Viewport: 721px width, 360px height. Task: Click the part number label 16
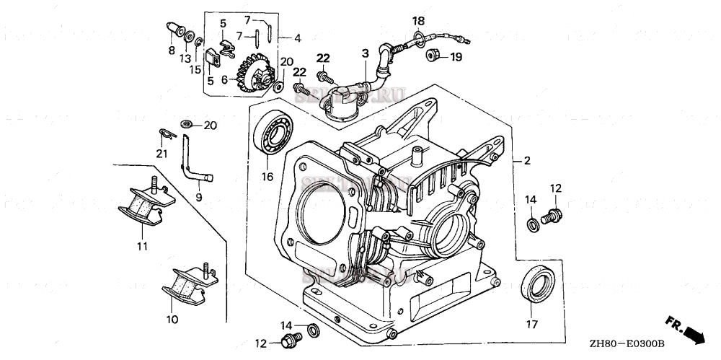(x=267, y=176)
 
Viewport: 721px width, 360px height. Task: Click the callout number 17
(x=531, y=324)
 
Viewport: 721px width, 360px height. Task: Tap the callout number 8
(x=172, y=50)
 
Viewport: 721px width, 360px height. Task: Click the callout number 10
(x=172, y=318)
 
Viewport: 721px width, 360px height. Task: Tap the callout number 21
(x=162, y=153)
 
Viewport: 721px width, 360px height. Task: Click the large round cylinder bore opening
(x=320, y=214)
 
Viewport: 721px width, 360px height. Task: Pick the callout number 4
(x=297, y=38)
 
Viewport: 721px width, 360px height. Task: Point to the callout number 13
(x=185, y=57)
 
